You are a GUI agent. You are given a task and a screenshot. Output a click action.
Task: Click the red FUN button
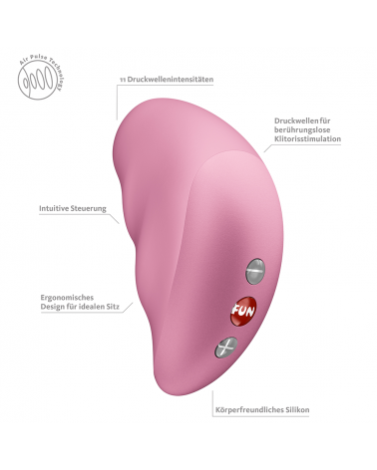click(x=243, y=311)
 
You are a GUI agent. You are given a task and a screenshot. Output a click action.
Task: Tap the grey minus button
click(x=255, y=271)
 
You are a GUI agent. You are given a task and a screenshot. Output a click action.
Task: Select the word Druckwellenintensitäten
click(x=171, y=80)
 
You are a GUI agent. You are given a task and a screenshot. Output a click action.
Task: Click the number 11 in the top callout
click(x=123, y=80)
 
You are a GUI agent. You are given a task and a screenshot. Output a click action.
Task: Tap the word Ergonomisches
click(x=67, y=298)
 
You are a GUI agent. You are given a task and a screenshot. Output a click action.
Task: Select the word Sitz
click(x=113, y=307)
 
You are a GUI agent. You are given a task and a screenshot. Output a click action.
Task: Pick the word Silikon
click(x=296, y=410)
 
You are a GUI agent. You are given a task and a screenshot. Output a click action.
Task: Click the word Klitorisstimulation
click(x=307, y=138)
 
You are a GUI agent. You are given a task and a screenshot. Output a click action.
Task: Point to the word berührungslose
click(x=302, y=129)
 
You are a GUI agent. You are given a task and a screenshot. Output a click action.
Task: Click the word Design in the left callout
click(x=53, y=307)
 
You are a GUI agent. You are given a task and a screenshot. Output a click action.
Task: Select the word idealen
click(x=92, y=307)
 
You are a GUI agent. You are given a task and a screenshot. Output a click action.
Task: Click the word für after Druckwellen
click(x=325, y=120)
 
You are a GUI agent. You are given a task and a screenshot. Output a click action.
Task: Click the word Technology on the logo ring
click(x=57, y=74)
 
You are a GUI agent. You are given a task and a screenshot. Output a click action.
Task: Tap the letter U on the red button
click(x=243, y=311)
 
